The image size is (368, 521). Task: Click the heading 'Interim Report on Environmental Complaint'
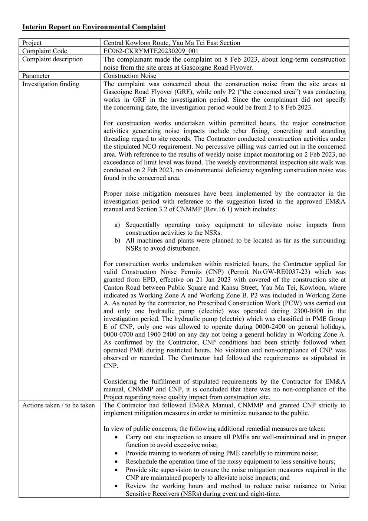click(x=94, y=27)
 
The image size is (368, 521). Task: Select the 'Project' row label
click(x=32, y=43)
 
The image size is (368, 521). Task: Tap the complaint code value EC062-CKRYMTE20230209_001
click(x=151, y=51)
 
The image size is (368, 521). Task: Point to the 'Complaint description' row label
click(x=52, y=59)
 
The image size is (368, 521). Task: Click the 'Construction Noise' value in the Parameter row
click(x=130, y=76)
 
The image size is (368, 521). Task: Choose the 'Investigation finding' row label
click(x=50, y=84)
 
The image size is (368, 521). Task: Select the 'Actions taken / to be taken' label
click(x=58, y=405)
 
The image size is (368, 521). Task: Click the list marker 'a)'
click(x=117, y=225)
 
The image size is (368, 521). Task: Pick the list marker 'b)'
click(x=117, y=241)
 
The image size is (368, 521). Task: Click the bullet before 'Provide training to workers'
click(x=117, y=453)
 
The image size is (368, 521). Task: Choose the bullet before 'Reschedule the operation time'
click(x=117, y=462)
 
